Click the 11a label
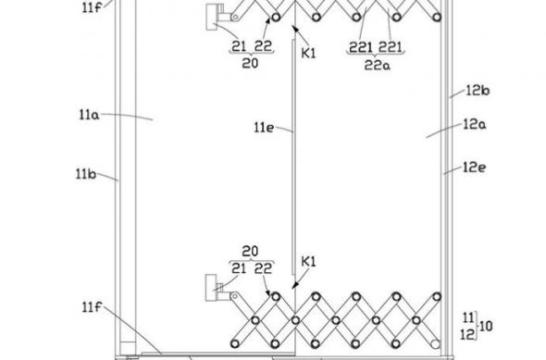click(x=88, y=116)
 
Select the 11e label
click(x=265, y=130)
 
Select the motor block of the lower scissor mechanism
click(x=216, y=288)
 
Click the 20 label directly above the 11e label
click(x=248, y=62)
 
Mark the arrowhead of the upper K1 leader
click(x=293, y=31)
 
